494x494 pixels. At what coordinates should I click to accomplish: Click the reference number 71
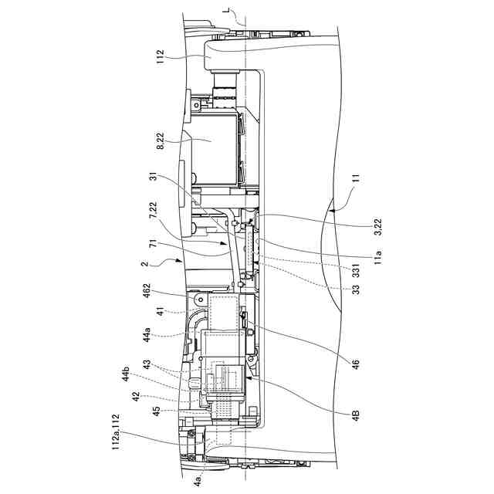click(x=161, y=246)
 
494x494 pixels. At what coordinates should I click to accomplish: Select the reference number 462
click(x=161, y=294)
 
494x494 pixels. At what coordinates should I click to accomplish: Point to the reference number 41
click(x=161, y=314)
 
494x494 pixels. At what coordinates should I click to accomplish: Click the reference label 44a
click(x=161, y=337)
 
